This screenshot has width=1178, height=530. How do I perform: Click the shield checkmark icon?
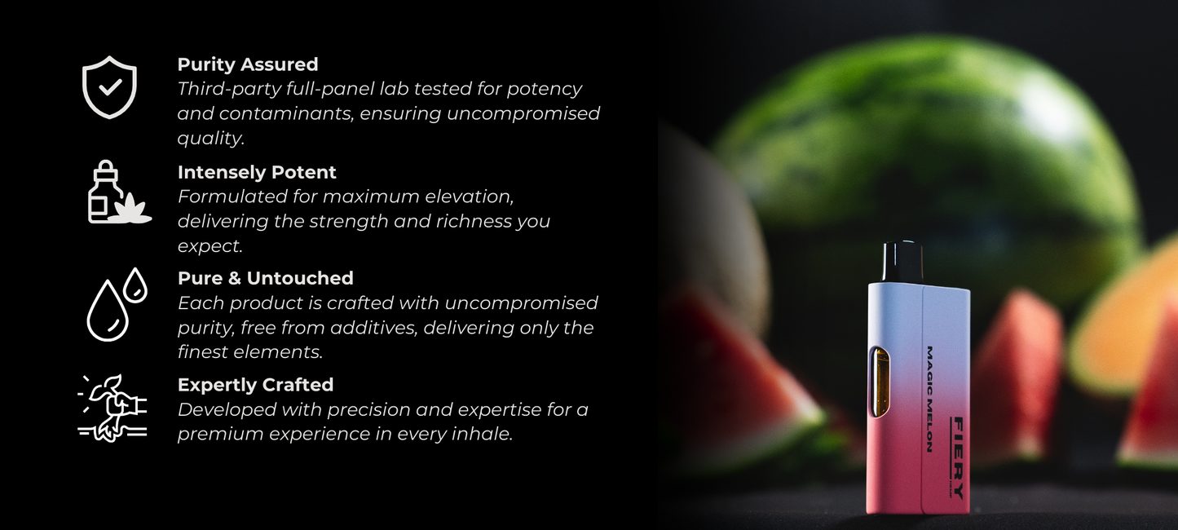pos(109,87)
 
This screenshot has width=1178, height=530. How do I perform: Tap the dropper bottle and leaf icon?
pos(119,192)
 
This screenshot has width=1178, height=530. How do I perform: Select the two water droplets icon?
pos(117,304)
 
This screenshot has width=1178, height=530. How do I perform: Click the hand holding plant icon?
pos(113,408)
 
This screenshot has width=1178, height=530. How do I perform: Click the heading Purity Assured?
pos(248,64)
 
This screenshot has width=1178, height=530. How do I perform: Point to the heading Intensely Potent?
pos(257,172)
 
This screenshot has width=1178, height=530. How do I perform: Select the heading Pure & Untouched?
pos(266,278)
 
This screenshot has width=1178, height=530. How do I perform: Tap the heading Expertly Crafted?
pos(256,385)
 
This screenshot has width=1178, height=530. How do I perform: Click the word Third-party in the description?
pos(229,89)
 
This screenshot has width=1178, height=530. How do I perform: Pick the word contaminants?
pos(286,113)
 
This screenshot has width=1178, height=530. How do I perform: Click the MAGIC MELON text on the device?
pos(929,399)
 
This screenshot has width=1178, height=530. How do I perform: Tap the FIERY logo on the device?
pos(958,457)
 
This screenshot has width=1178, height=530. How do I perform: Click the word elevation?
pos(469,197)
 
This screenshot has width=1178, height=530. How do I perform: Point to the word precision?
pos(366,410)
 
